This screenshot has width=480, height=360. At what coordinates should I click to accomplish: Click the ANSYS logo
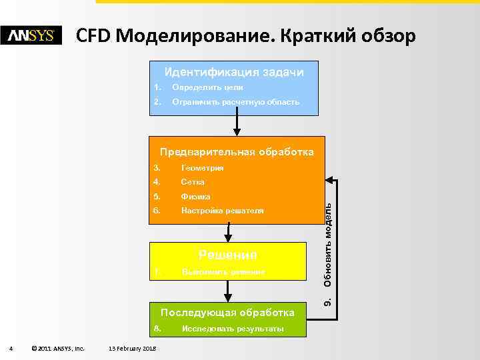coord(31,35)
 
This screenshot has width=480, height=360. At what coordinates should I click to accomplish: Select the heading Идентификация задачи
coord(234,72)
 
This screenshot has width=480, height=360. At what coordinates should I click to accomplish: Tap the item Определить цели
coord(207,87)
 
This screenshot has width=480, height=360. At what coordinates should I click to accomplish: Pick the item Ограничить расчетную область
coord(235,102)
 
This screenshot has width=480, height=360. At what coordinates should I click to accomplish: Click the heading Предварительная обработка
coord(237,151)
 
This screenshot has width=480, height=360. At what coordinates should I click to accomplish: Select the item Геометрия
coord(202,168)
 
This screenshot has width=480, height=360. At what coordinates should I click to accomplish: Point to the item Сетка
coord(193,182)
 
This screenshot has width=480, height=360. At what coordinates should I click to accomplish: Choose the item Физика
coord(195,197)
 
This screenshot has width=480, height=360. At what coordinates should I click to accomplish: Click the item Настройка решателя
coord(223,211)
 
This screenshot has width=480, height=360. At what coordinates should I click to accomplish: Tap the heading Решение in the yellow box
coord(228,255)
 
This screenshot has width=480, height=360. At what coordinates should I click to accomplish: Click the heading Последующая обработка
coord(228,313)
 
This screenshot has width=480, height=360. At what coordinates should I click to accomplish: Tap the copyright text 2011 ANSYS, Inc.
coord(58,348)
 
